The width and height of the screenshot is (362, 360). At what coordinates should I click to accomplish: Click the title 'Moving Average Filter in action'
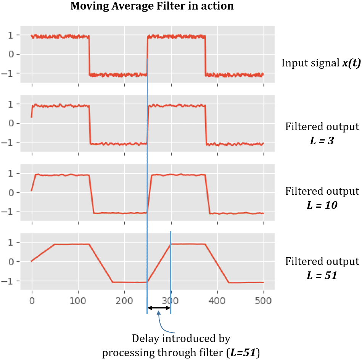(x=152, y=6)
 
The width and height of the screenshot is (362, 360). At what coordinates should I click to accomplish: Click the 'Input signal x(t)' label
(x=321, y=63)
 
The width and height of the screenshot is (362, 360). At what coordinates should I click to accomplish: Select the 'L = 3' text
(x=322, y=140)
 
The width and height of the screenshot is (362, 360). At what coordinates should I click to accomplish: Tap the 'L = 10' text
(x=322, y=205)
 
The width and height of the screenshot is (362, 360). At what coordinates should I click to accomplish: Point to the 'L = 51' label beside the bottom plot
(x=322, y=275)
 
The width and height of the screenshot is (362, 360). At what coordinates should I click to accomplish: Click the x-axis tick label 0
(x=32, y=301)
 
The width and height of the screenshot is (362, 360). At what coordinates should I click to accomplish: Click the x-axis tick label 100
(x=78, y=301)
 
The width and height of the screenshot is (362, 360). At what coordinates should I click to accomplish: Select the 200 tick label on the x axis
(x=124, y=301)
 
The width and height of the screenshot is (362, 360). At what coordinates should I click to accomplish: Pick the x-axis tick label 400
(x=217, y=301)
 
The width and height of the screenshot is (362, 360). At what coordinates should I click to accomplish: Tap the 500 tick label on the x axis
(x=264, y=301)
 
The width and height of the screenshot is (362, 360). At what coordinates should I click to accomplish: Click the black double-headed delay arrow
(x=159, y=308)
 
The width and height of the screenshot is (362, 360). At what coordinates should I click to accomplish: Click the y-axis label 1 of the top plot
(x=11, y=35)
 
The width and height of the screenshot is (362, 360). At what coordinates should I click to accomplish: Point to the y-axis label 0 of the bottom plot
(x=11, y=262)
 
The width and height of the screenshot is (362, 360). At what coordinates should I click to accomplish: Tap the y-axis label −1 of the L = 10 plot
(x=7, y=212)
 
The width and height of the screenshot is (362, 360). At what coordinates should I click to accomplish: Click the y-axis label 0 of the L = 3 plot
(x=11, y=123)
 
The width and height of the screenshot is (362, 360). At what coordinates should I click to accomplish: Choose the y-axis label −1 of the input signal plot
(x=7, y=73)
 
